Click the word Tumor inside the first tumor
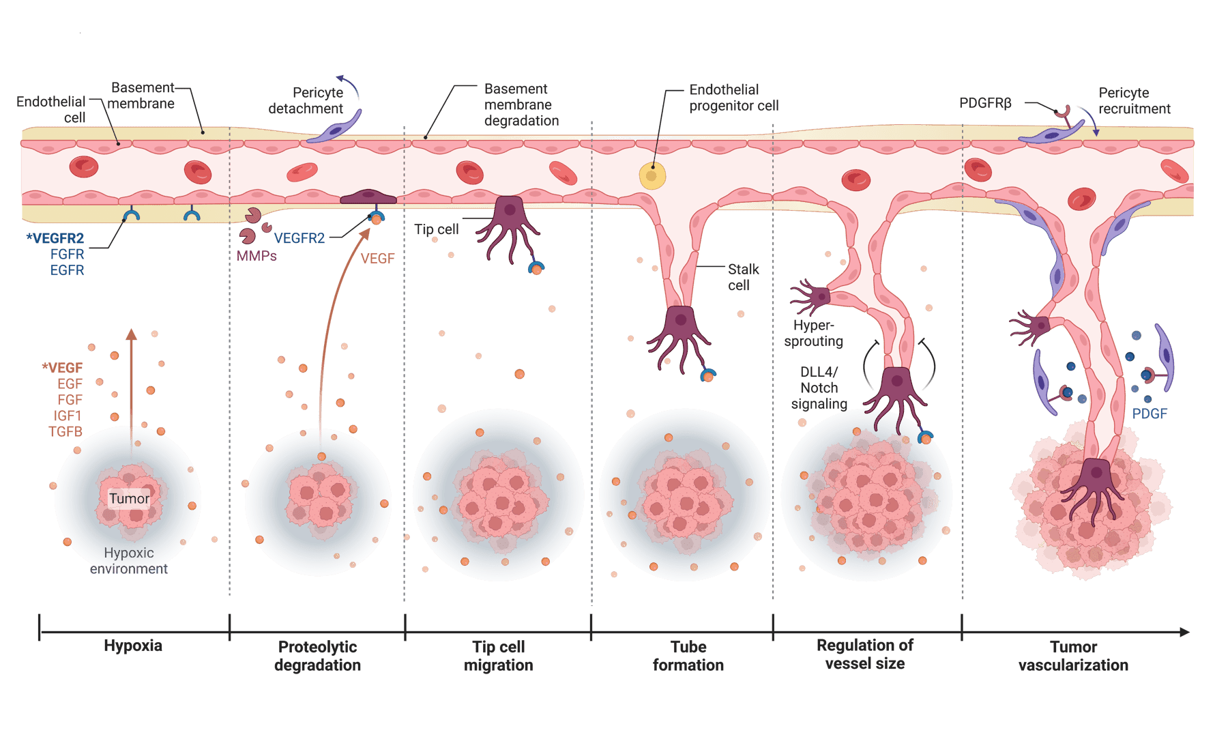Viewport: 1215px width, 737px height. pyautogui.click(x=129, y=498)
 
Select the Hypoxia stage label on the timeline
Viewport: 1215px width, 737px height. pyautogui.click(x=133, y=646)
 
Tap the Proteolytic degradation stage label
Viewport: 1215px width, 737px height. pyautogui.click(x=317, y=656)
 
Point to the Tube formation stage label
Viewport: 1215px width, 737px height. pyautogui.click(x=688, y=656)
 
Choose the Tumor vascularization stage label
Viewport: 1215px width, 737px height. pyautogui.click(x=1073, y=656)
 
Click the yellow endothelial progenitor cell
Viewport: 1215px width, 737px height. pyautogui.click(x=652, y=176)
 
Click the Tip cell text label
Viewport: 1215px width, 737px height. pyautogui.click(x=437, y=229)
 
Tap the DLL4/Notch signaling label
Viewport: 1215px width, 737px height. pyautogui.click(x=819, y=388)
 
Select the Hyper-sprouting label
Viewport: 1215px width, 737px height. pyautogui.click(x=813, y=333)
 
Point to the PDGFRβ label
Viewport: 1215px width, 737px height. pyautogui.click(x=985, y=103)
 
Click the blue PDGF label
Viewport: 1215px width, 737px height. pyautogui.click(x=1150, y=414)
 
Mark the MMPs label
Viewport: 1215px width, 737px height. pyautogui.click(x=257, y=257)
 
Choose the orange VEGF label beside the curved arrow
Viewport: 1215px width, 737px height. pyautogui.click(x=377, y=258)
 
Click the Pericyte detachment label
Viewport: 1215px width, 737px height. pyautogui.click(x=307, y=100)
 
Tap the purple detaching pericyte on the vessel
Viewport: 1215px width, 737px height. pyautogui.click(x=334, y=130)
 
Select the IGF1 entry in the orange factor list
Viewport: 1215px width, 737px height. pyautogui.click(x=68, y=416)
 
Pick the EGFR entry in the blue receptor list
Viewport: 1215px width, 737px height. pyautogui.click(x=68, y=270)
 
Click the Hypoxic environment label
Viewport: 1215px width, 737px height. pyautogui.click(x=129, y=561)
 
